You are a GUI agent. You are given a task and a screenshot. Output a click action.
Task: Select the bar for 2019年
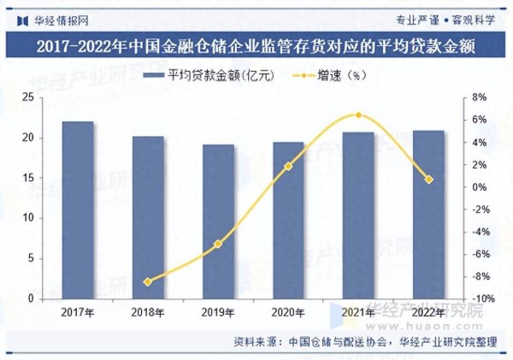218,222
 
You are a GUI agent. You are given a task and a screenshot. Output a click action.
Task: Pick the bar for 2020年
288,221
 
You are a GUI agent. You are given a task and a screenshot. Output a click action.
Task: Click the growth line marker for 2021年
359,115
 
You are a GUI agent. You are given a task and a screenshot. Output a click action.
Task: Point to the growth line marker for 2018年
148,281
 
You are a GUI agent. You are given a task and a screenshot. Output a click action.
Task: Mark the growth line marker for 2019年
218,244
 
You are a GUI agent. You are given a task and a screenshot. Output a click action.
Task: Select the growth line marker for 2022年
429,180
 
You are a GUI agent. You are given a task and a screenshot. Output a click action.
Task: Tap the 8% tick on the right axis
479,97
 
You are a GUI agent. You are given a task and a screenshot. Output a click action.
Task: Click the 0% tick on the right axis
479,187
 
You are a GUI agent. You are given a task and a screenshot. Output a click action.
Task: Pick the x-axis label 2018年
148,313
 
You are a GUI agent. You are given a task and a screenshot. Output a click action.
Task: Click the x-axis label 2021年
359,313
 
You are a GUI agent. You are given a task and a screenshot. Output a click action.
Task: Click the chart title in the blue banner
256,45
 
